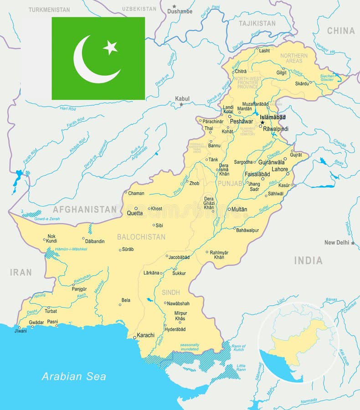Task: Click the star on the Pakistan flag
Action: click(110, 47)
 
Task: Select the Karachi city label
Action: click(146, 335)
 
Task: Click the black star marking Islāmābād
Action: click(262, 123)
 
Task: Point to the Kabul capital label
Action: click(182, 98)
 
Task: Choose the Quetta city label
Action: click(135, 213)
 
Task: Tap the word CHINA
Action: click(341, 31)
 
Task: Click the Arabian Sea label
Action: click(74, 376)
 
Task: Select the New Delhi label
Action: click(337, 242)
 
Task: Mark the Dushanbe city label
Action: click(180, 11)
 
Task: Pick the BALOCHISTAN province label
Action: click(141, 237)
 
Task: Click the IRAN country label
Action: click(21, 272)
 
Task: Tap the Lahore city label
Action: click(280, 169)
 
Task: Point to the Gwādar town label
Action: click(36, 322)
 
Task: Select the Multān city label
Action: click(239, 210)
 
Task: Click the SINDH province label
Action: click(170, 292)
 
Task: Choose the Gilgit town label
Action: click(282, 72)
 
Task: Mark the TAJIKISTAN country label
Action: click(257, 23)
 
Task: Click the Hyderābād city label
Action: click(175, 329)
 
